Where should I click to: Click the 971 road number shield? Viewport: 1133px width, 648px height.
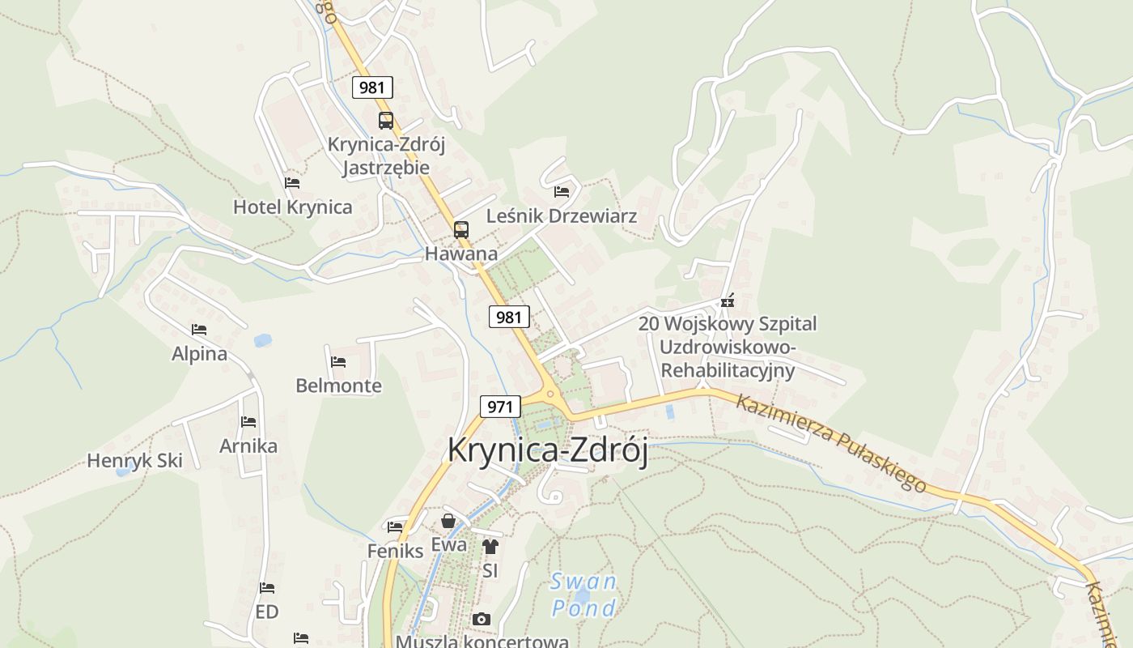500,407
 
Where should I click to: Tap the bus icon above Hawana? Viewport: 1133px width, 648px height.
460,229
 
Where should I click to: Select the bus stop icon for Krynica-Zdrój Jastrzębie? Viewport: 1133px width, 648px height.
386,121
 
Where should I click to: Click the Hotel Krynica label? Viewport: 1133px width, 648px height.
292,207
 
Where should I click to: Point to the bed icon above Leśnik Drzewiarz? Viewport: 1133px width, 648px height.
562,192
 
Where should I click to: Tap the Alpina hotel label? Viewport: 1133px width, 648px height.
199,354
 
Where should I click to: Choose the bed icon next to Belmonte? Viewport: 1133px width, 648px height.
338,362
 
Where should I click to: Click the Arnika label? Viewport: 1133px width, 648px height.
248,446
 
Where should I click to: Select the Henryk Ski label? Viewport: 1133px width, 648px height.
134,461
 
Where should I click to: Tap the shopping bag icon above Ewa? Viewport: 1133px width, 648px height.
448,521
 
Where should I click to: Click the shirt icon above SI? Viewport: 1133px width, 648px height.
490,547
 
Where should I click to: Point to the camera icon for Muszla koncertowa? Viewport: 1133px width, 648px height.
482,620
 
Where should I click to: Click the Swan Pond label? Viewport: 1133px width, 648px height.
583,595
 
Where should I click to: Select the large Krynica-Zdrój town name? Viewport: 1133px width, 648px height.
548,451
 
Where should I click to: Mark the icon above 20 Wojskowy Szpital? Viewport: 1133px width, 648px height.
728,301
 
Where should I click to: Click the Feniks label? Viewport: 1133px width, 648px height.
395,552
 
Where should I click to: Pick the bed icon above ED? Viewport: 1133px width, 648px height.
267,588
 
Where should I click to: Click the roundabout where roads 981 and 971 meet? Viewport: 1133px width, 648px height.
551,394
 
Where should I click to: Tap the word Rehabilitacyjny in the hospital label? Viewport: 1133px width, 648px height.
728,371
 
